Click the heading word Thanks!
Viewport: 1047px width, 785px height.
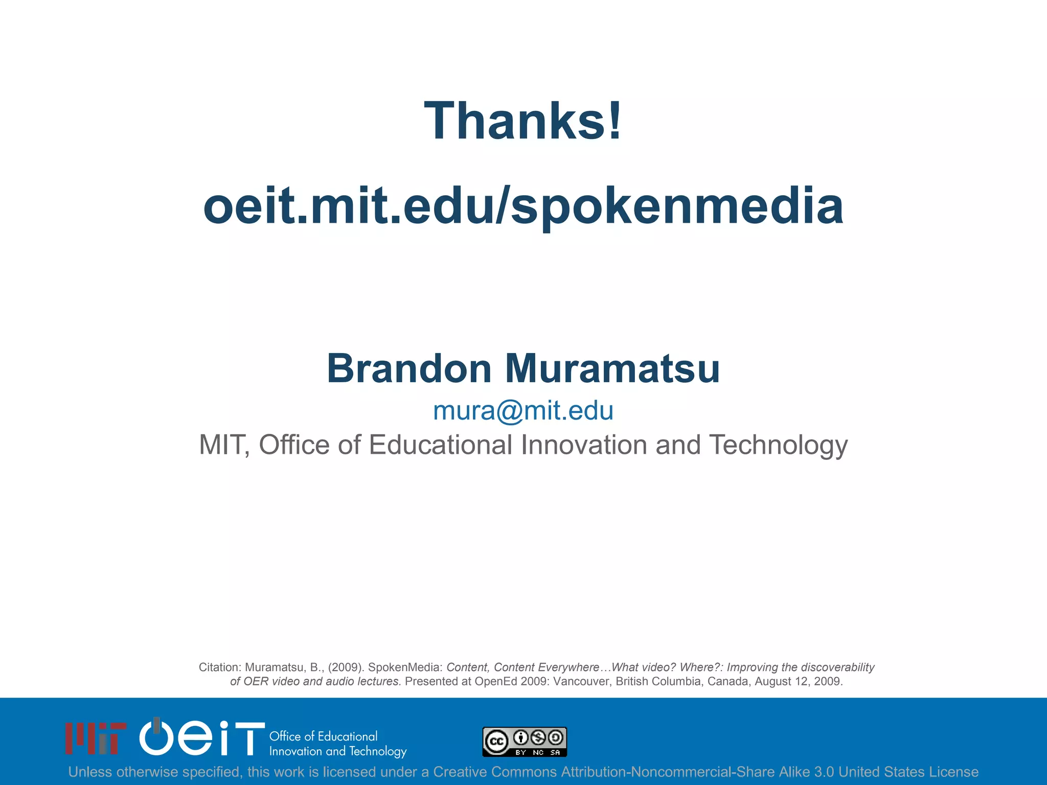tap(523, 121)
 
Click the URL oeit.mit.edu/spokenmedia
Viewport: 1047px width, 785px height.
tap(523, 206)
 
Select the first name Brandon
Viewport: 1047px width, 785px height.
tap(409, 368)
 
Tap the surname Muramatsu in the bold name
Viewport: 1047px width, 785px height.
tap(612, 368)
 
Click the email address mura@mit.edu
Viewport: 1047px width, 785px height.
tap(523, 411)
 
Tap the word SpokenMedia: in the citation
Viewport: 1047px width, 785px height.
tap(405, 667)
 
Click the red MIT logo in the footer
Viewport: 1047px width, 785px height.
tap(96, 738)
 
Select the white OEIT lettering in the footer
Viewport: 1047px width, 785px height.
tap(202, 737)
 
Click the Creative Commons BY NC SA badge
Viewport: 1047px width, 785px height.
tap(525, 742)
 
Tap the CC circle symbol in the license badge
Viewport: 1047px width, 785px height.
tap(496, 742)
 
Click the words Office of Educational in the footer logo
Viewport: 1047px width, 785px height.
tap(323, 736)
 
